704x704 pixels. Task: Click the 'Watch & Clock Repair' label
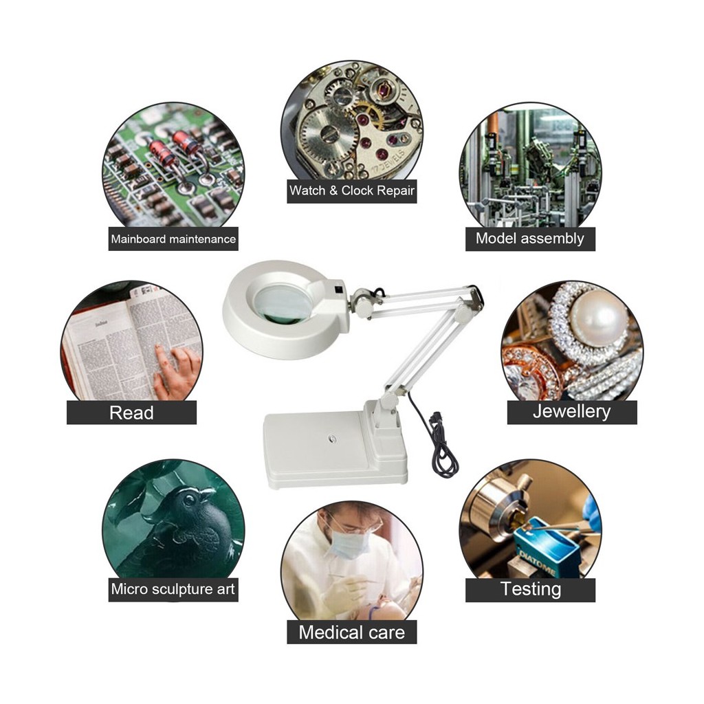[x=351, y=190]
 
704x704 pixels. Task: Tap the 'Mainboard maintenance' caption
[x=173, y=239]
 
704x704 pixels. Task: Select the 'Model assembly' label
[x=530, y=239]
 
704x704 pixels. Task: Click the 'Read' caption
[x=131, y=412]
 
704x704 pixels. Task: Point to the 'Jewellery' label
[x=571, y=412]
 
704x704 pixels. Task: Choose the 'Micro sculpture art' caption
[x=173, y=588]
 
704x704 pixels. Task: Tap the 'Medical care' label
[x=351, y=632]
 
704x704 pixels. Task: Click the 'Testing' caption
[x=531, y=589]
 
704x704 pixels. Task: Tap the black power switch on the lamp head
[x=339, y=289]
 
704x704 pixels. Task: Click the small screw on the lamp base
[x=332, y=438]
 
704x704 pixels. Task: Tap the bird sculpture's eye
[x=188, y=498]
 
